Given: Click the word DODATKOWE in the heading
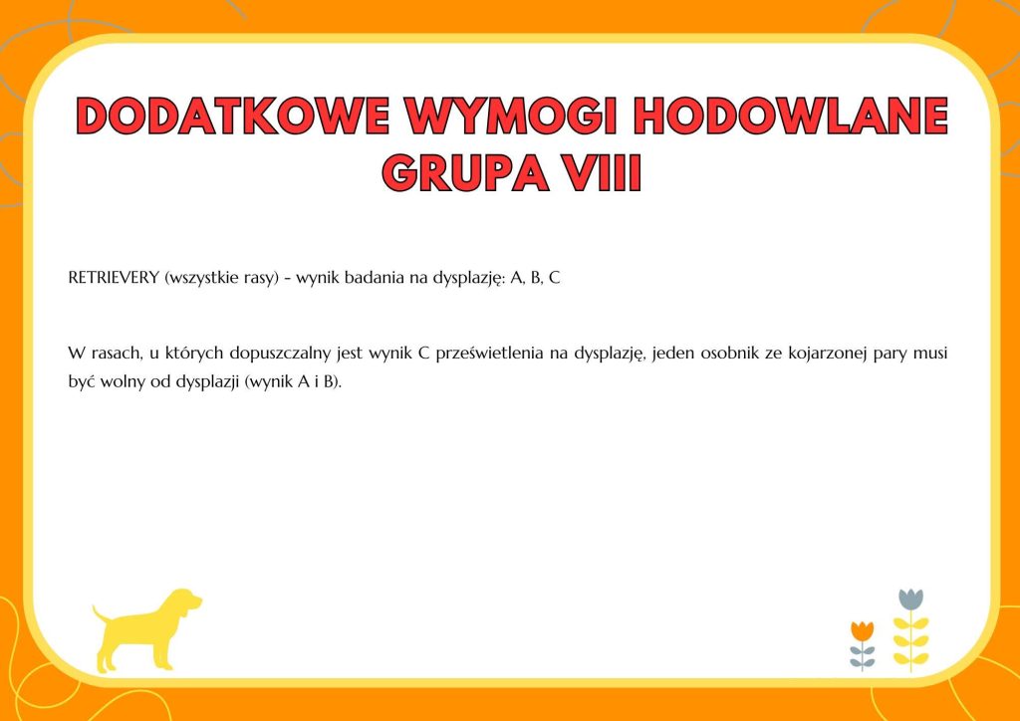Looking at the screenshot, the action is pyautogui.click(x=231, y=116).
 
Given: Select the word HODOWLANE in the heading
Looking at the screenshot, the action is pyautogui.click(x=791, y=116).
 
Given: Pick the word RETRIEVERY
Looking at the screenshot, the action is pyautogui.click(x=114, y=278).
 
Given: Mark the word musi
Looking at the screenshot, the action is pyautogui.click(x=930, y=355).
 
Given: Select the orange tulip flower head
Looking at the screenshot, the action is pyautogui.click(x=862, y=630).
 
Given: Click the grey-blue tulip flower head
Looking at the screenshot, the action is pyautogui.click(x=910, y=600).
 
